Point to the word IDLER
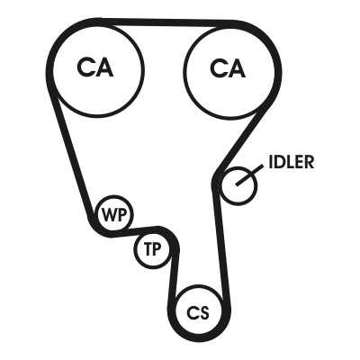(x=292, y=162)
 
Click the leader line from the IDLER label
(x=249, y=175)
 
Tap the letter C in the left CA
(x=85, y=67)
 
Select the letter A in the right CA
(x=236, y=68)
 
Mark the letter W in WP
(x=107, y=214)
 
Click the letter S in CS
(x=203, y=313)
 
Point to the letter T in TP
(x=148, y=249)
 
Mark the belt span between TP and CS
(x=174, y=276)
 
